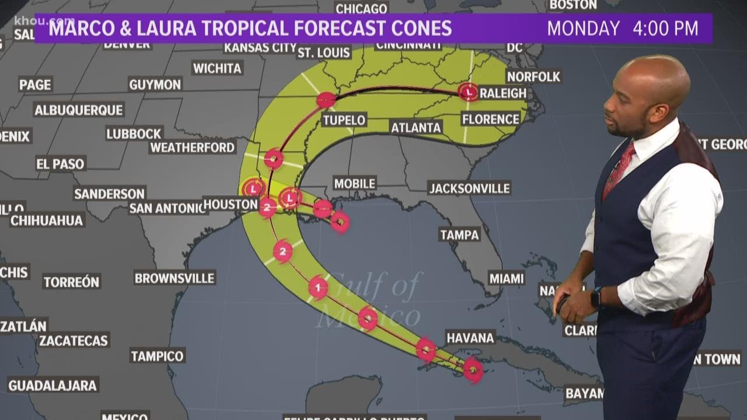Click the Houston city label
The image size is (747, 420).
pos(231,204)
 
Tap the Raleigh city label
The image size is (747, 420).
pos(502,93)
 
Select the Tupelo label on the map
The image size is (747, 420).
pos(344,120)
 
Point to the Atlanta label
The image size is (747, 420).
pos(416,127)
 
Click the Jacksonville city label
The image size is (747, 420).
pos(469,188)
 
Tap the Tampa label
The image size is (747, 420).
pos(460,235)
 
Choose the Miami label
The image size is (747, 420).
pos(506,278)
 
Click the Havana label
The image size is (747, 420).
pos(470,337)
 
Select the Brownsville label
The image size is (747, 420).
pos(174,278)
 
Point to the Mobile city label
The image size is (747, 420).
pos(354,183)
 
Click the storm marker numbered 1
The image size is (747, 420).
pos(318,287)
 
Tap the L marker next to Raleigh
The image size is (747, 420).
pos(468,92)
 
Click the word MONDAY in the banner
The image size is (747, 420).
pos(583,29)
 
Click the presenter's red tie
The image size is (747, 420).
pos(618,169)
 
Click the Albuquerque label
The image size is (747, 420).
pos(79,110)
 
